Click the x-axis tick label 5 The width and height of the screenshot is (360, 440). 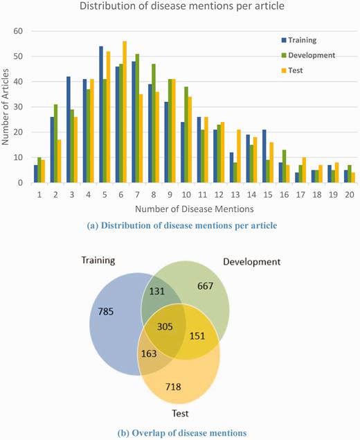(105, 195)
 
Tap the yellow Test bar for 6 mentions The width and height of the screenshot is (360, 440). (125, 112)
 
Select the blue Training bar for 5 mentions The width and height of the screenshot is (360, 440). (101, 115)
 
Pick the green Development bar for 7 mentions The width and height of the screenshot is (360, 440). (137, 118)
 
